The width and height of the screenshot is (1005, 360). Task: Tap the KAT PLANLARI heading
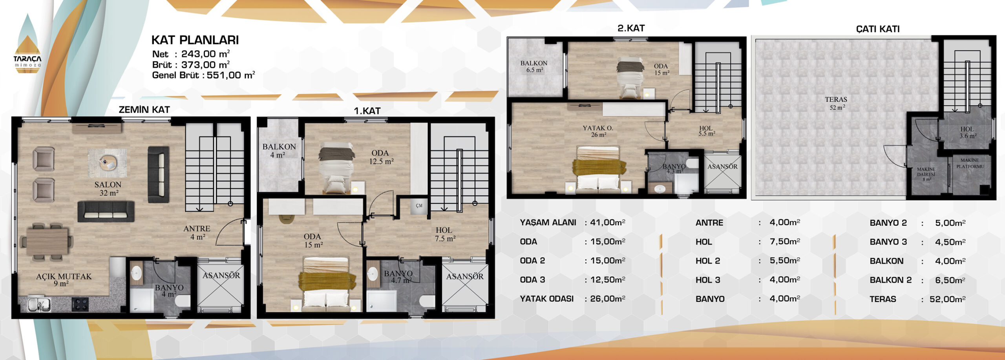coord(195,40)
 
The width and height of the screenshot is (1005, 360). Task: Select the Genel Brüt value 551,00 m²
coord(231,75)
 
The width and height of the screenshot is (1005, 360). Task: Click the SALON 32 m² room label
coord(108,188)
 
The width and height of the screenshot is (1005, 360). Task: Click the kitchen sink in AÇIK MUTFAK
coord(39,305)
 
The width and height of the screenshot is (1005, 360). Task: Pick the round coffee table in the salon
coord(108,163)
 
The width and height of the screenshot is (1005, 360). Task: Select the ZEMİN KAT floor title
coord(144,110)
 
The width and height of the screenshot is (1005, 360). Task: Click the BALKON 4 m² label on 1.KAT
coord(279,151)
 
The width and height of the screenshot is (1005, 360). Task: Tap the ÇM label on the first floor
coord(419,206)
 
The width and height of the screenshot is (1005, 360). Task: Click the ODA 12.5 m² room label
coord(381,157)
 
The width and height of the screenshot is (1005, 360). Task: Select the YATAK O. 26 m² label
coord(598,131)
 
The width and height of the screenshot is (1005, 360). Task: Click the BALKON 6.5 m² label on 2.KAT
coord(534,66)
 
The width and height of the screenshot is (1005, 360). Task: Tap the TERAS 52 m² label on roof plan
coord(836,103)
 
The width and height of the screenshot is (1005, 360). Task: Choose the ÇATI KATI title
coord(878,29)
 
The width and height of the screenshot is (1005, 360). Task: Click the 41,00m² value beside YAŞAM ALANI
coord(608,222)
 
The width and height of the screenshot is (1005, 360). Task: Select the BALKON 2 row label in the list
coord(890,280)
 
